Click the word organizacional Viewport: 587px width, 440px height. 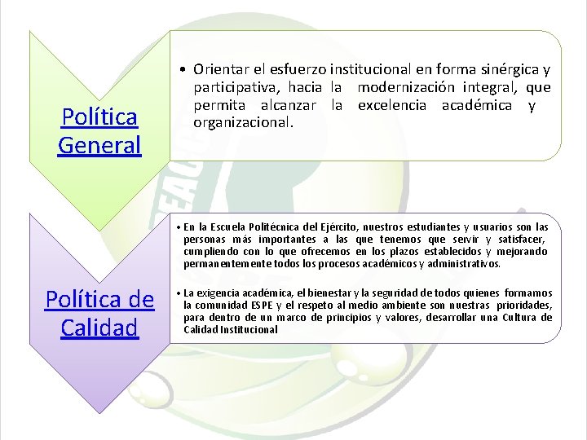coord(242,123)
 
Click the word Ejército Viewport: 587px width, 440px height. coord(342,227)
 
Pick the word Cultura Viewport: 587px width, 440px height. coord(521,318)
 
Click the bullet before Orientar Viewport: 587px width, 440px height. coord(186,69)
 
